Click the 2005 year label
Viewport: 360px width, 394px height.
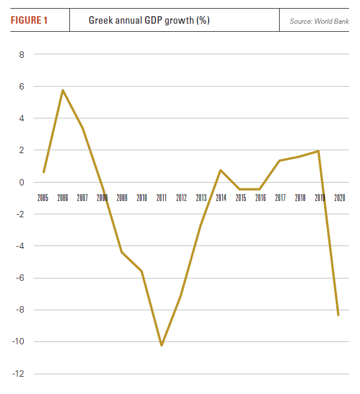43,198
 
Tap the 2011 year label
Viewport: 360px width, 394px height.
161,198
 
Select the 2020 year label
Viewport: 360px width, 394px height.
339,198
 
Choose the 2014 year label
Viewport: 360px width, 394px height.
221,198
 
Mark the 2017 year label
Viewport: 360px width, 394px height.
280,198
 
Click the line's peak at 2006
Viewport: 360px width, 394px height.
62,90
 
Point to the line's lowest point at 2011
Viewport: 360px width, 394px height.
161,345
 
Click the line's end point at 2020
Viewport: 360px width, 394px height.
339,315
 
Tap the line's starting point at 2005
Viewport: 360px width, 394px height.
43,172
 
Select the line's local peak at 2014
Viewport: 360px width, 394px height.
221,170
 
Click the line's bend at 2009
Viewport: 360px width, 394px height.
122,252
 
